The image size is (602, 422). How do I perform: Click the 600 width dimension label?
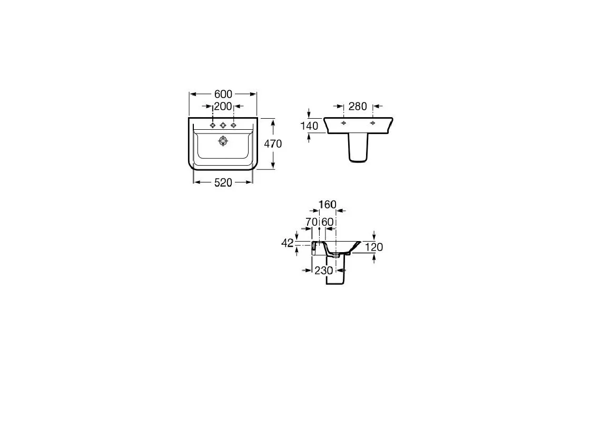(223, 94)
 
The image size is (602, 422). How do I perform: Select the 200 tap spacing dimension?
(223, 106)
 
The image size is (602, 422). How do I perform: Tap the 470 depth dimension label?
(273, 144)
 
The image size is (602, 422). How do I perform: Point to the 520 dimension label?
(223, 183)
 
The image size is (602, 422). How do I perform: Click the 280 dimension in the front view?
(358, 107)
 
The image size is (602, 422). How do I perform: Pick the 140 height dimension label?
(310, 126)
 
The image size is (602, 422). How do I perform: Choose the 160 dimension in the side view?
(328, 205)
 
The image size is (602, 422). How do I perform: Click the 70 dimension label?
(311, 222)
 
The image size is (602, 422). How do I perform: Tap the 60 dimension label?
(327, 222)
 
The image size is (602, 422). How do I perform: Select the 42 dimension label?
(288, 243)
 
